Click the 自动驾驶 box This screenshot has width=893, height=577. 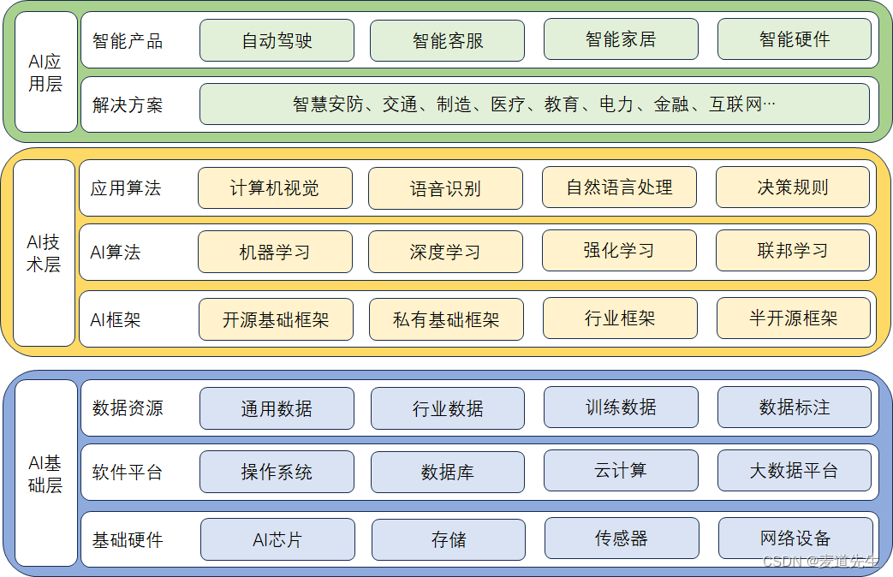click(277, 40)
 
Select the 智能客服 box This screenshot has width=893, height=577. click(447, 40)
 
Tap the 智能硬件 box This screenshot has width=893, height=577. click(794, 39)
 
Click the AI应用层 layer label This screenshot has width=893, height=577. click(45, 73)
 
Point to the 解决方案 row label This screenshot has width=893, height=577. click(128, 105)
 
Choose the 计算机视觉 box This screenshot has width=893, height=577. click(275, 187)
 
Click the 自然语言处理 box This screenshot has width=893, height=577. click(619, 187)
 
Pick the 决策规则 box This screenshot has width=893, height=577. click(792, 187)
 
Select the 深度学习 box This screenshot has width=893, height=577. click(445, 252)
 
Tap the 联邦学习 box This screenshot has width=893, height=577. click(792, 251)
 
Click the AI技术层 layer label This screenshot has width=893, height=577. click(45, 253)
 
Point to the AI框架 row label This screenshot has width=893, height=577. click(116, 319)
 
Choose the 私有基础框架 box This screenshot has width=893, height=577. click(446, 319)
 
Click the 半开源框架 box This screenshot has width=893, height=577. click(793, 318)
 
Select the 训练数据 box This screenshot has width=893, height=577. click(621, 407)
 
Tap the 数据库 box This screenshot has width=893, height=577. click(447, 473)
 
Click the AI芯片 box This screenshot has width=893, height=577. click(277, 539)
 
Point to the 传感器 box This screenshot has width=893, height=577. click(621, 538)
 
